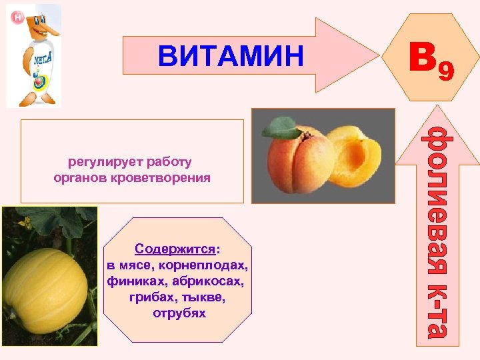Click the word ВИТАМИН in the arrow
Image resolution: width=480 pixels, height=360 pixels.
[231, 56]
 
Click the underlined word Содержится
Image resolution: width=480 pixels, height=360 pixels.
[175, 249]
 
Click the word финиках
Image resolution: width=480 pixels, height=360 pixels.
[136, 281]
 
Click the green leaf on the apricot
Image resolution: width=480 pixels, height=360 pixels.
[281, 127]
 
